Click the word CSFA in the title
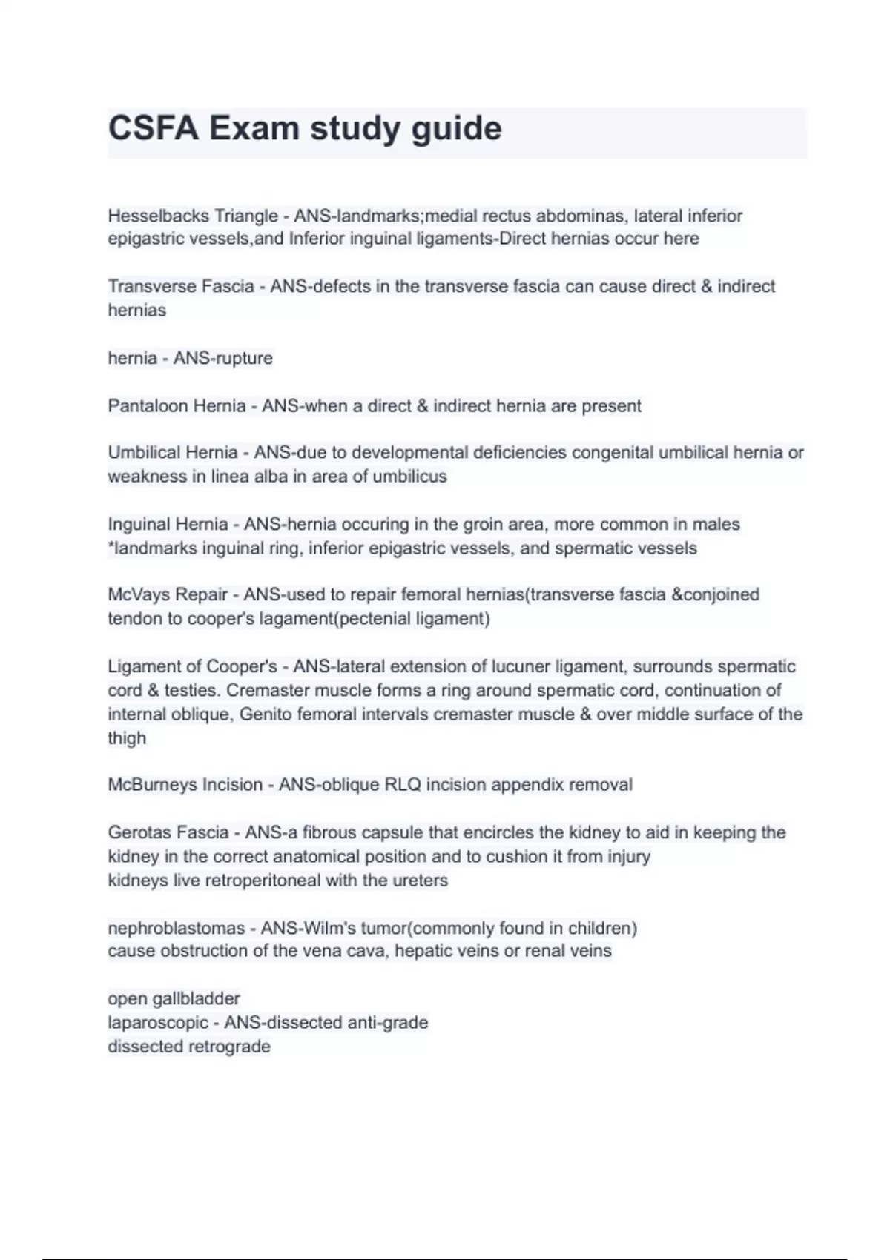coord(153,128)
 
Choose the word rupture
coord(243,359)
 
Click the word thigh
coord(127,738)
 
